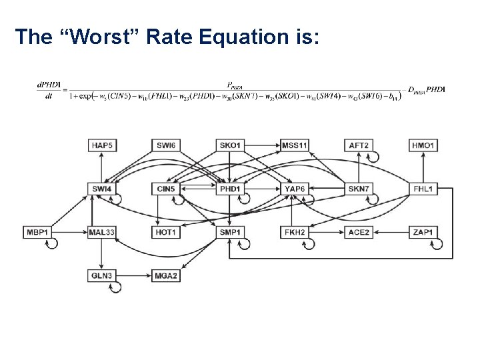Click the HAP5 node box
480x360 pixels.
(x=101, y=145)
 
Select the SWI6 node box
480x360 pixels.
(x=165, y=145)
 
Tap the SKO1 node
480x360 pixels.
(x=230, y=145)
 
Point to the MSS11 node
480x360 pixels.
(x=295, y=145)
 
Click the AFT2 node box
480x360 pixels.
(x=359, y=145)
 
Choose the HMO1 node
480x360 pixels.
(x=423, y=145)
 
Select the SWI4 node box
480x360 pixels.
(x=101, y=189)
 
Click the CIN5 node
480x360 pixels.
(x=165, y=189)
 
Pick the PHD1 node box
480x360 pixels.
(x=230, y=189)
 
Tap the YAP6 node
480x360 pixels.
(x=295, y=189)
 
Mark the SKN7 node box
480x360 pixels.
(x=359, y=189)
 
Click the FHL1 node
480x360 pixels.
(x=423, y=189)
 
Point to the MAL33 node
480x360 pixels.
(x=101, y=232)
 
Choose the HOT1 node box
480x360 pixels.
(x=165, y=232)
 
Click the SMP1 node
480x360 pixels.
(x=230, y=232)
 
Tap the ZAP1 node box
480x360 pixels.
(x=423, y=232)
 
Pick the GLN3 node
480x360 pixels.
(x=101, y=275)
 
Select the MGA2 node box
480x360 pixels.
(x=165, y=275)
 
